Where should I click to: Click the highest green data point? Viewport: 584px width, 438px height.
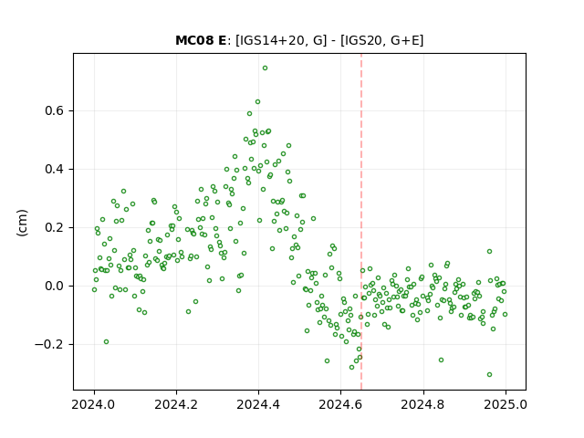pyautogui.click(x=265, y=68)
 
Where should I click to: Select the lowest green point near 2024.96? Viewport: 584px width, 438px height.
pyautogui.click(x=489, y=375)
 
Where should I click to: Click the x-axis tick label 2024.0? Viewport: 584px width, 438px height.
pyautogui.click(x=94, y=404)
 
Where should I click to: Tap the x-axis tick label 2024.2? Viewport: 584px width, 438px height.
pyautogui.click(x=176, y=404)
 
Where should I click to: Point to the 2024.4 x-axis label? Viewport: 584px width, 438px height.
pyautogui.click(x=258, y=404)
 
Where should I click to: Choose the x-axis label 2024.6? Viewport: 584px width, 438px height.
pyautogui.click(x=340, y=404)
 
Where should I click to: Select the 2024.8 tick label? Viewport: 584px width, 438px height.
pyautogui.click(x=423, y=404)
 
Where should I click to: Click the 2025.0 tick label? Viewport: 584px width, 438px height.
pyautogui.click(x=506, y=404)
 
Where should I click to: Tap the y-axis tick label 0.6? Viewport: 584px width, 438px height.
pyautogui.click(x=54, y=111)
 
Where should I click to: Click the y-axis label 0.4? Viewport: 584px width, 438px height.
pyautogui.click(x=54, y=170)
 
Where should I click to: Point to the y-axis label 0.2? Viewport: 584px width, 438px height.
pyautogui.click(x=54, y=227)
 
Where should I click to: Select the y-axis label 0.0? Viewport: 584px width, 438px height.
pyautogui.click(x=54, y=286)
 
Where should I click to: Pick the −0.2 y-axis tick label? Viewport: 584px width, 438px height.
pyautogui.click(x=49, y=345)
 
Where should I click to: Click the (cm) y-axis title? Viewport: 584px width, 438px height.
pyautogui.click(x=22, y=223)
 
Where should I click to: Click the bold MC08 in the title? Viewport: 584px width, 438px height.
pyautogui.click(x=195, y=40)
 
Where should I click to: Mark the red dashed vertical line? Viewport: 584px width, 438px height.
pyautogui.click(x=361, y=222)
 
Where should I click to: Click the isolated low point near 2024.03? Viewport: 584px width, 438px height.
pyautogui.click(x=106, y=342)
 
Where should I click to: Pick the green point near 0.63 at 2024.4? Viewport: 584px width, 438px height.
pyautogui.click(x=257, y=101)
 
